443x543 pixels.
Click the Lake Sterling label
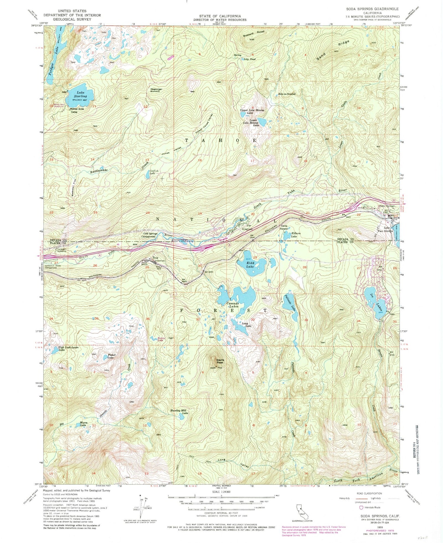[x=80, y=94]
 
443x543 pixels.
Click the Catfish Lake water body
[x=147, y=175]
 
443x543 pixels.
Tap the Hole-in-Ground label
[x=286, y=94]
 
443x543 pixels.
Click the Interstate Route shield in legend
[x=361, y=508]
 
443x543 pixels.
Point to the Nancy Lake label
[x=161, y=339]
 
